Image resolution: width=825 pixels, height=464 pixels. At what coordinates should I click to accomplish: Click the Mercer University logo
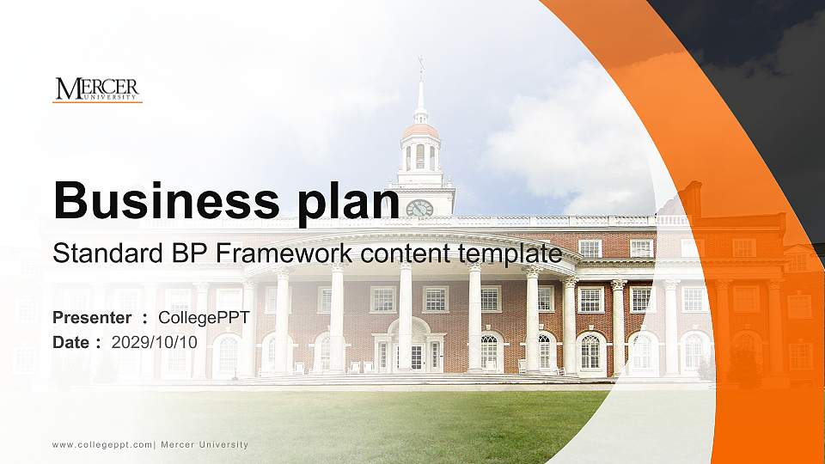[x=96, y=89]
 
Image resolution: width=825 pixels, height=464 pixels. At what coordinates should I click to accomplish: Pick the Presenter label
[x=91, y=318]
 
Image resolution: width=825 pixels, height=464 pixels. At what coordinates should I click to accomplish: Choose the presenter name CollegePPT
[x=204, y=318]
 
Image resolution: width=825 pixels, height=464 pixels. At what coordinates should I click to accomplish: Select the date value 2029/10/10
[x=155, y=342]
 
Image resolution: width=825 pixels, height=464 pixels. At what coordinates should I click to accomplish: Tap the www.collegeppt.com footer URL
[x=101, y=444]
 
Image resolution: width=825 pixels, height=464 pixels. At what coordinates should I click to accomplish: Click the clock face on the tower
[x=419, y=208]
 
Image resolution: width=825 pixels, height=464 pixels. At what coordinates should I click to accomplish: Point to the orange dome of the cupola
[x=420, y=131]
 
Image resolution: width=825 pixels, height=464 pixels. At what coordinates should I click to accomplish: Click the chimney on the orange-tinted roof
[x=692, y=198]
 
